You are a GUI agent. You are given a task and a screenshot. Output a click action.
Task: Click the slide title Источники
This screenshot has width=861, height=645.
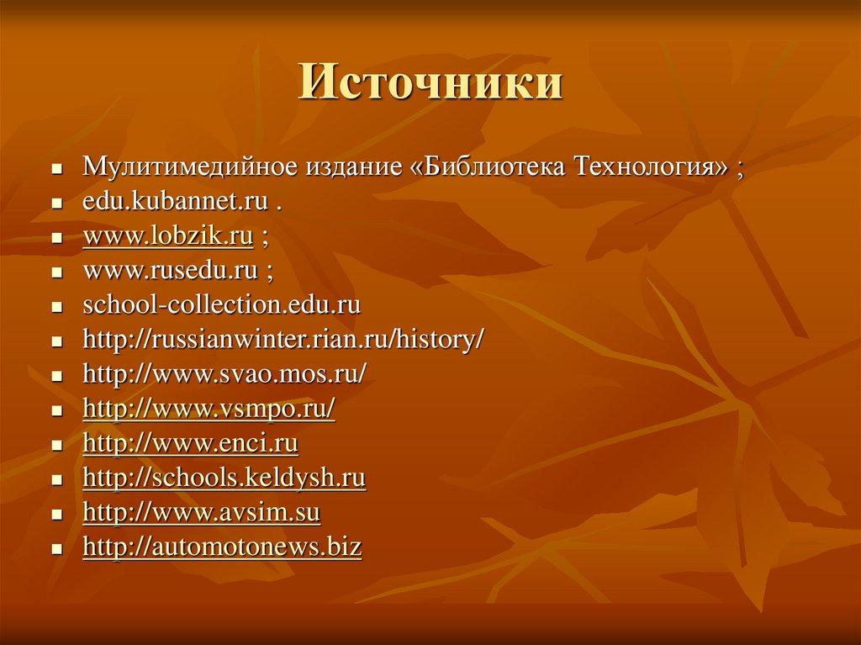click(x=430, y=85)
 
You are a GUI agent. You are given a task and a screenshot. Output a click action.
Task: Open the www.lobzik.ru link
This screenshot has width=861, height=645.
click(x=168, y=237)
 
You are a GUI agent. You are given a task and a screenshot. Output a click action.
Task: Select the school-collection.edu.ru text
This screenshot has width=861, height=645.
click(x=222, y=306)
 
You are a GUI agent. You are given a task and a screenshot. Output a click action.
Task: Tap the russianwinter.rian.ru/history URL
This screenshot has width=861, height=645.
click(x=283, y=341)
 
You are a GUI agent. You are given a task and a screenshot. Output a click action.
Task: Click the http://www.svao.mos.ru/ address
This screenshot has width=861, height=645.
click(x=224, y=375)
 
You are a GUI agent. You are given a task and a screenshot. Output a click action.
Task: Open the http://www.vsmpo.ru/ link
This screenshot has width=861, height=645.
click(x=209, y=410)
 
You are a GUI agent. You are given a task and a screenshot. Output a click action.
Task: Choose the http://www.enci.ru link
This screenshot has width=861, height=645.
click(x=191, y=444)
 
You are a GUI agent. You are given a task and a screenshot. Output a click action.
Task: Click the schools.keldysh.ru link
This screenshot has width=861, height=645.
click(x=224, y=478)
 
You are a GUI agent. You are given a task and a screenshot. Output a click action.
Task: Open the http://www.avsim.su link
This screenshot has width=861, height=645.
click(x=202, y=513)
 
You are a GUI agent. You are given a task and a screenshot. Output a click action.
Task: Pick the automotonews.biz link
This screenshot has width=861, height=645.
click(x=222, y=547)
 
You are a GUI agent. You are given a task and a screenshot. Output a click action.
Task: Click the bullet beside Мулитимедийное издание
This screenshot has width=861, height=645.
click(x=56, y=168)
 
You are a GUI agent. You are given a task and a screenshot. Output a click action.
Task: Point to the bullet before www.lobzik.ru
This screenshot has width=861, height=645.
click(x=56, y=240)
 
